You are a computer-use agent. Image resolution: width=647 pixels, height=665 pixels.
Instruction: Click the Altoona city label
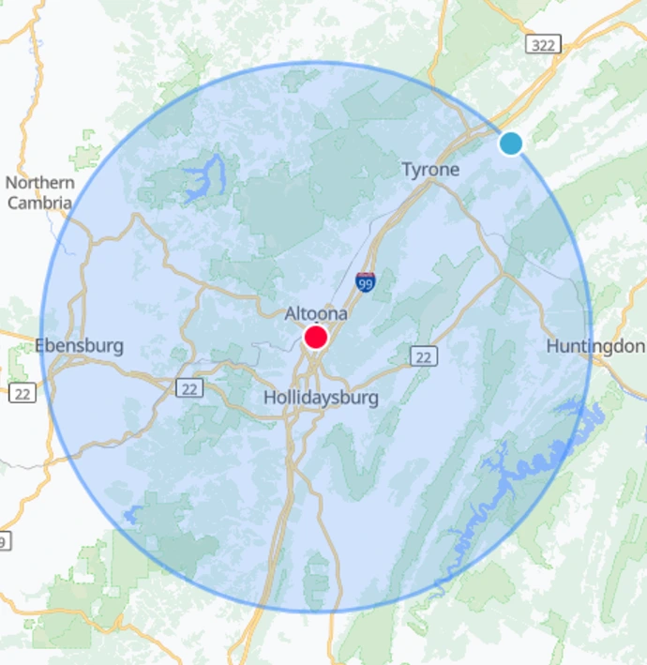click(x=316, y=313)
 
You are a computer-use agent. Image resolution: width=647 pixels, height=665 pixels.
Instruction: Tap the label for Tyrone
click(x=430, y=170)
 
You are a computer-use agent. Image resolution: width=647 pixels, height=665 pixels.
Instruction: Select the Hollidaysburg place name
click(x=321, y=398)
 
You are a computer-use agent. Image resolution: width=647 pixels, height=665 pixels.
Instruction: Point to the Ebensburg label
click(x=80, y=346)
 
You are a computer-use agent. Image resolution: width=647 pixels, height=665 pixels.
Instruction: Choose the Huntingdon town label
click(x=594, y=347)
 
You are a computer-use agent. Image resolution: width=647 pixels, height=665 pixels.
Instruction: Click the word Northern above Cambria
click(x=39, y=183)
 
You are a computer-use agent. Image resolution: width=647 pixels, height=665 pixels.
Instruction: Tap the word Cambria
click(x=39, y=203)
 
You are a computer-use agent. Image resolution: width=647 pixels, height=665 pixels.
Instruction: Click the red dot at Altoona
click(x=316, y=338)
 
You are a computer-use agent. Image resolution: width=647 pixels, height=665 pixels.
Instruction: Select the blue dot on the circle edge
click(x=510, y=144)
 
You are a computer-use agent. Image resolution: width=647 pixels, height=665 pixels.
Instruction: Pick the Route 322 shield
click(x=545, y=44)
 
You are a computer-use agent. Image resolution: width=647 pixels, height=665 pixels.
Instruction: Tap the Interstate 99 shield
click(x=366, y=282)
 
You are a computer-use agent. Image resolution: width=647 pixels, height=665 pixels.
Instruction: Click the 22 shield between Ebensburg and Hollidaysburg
click(x=191, y=387)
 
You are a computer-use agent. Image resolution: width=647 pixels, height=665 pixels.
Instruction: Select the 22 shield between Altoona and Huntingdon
click(x=423, y=355)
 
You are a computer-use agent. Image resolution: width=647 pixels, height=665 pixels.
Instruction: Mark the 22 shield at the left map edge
click(x=22, y=392)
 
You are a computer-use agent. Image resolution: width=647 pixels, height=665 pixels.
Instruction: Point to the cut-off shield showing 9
click(x=5, y=541)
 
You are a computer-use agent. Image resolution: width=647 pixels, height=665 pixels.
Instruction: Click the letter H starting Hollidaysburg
click(x=269, y=398)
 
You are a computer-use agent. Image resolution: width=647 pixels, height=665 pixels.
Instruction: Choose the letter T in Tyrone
click(x=407, y=170)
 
